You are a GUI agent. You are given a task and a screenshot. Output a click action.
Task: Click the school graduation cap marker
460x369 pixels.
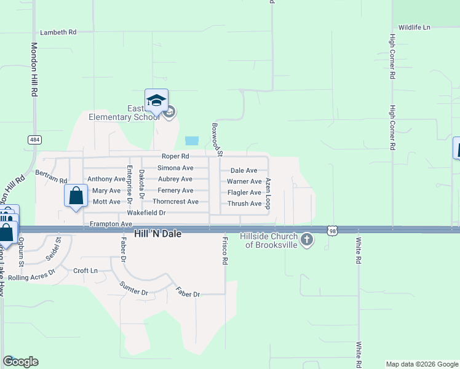(x=156, y=101)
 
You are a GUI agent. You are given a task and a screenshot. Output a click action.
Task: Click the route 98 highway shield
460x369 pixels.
(x=331, y=229)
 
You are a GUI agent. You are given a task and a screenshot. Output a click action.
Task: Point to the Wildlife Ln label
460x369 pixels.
(x=414, y=28)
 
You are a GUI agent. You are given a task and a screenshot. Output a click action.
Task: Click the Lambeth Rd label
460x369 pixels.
(x=58, y=32)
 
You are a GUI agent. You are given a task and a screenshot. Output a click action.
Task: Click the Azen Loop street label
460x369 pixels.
(x=268, y=194)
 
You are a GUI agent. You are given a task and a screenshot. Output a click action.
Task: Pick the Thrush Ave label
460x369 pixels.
(x=244, y=204)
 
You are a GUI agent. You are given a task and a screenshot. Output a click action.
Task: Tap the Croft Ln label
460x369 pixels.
(x=85, y=271)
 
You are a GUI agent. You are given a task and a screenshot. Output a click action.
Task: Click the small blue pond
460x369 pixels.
(x=192, y=140)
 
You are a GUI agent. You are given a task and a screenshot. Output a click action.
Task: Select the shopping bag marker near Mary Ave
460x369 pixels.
(x=76, y=197)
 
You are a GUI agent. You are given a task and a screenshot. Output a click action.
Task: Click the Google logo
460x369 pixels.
(x=20, y=362)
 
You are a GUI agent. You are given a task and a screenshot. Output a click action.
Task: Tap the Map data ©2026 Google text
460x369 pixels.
(x=422, y=364)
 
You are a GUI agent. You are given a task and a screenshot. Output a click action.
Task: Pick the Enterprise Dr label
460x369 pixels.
(x=130, y=181)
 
